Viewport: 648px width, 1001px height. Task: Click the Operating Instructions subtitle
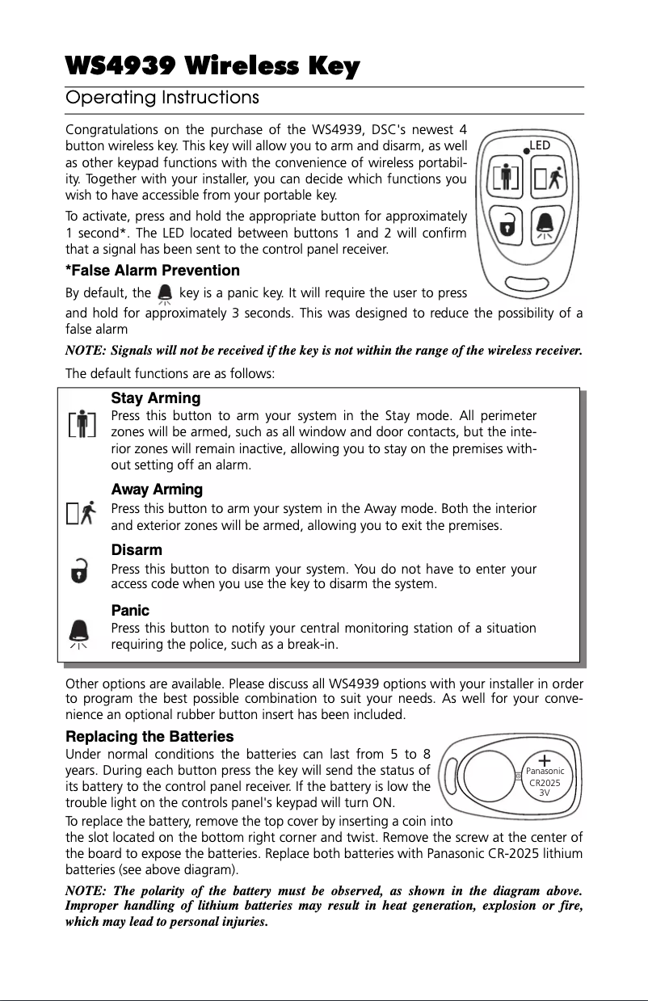[x=162, y=99]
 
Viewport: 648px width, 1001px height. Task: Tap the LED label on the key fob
[x=540, y=145]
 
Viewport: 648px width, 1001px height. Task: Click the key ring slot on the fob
[x=524, y=283]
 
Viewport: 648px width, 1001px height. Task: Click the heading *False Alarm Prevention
[x=152, y=270]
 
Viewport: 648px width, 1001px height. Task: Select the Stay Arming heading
[x=155, y=398]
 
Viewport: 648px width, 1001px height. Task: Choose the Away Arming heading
[x=157, y=490]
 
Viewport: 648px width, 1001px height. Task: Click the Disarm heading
[x=137, y=550]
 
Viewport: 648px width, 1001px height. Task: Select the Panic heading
[x=130, y=611]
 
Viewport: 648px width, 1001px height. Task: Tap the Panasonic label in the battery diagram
[x=545, y=771]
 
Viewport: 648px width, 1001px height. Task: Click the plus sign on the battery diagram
[x=545, y=759]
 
